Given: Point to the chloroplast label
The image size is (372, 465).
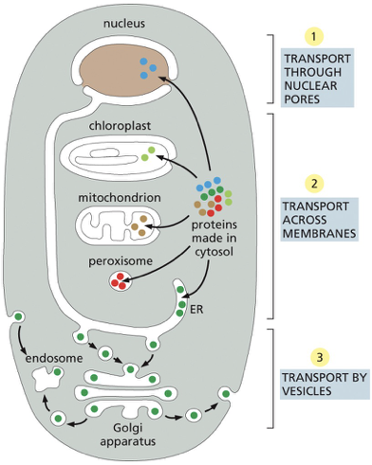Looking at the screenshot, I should [x=120, y=124].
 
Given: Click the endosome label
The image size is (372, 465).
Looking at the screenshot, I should [x=48, y=359].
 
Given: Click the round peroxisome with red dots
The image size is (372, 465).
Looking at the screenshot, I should [x=122, y=281].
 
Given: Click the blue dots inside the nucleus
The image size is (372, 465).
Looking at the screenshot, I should [x=146, y=66].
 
